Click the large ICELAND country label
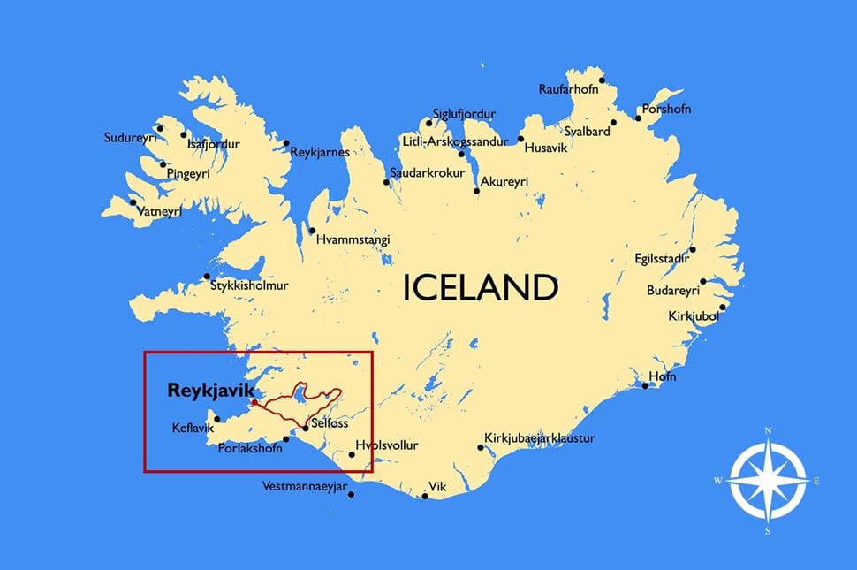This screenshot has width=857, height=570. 481,288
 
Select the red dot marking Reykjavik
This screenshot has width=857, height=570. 254,402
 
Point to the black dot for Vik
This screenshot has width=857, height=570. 425,496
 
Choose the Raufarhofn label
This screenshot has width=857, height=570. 568,89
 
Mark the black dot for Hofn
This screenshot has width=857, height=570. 646,385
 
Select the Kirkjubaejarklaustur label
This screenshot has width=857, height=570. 539,438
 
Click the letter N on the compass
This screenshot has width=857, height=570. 768,431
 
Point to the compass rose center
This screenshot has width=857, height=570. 768,481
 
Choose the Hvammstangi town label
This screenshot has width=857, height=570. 353,239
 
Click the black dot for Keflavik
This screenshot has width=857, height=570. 217,419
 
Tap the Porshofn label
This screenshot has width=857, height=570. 666,109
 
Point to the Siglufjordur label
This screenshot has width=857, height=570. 464,115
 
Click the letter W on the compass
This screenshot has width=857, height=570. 717,481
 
